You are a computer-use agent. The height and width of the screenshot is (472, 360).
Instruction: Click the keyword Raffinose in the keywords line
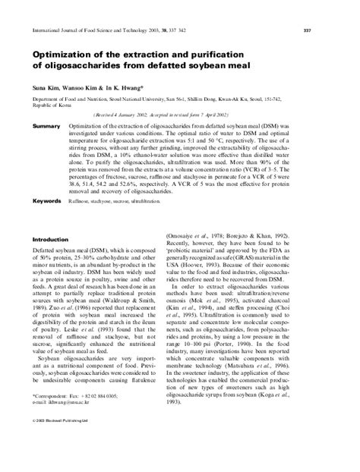pos(79,203)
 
